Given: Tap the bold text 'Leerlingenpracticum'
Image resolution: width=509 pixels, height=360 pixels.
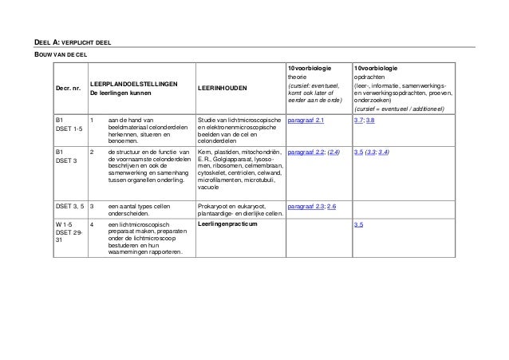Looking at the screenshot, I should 227,226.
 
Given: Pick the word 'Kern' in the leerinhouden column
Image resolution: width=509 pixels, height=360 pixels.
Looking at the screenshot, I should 203,151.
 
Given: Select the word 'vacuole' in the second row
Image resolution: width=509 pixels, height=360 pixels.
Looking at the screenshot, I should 208,188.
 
